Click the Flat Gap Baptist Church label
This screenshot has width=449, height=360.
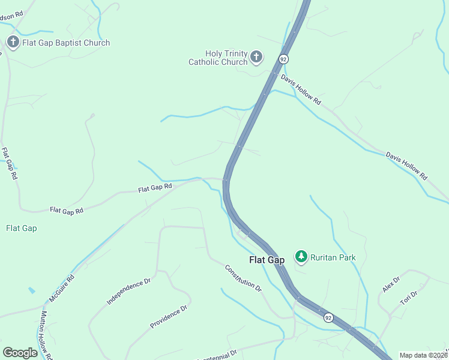(66, 43)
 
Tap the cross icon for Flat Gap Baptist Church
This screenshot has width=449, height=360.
(13, 42)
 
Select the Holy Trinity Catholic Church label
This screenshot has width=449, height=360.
(218, 58)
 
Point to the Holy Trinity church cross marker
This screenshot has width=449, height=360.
(256, 58)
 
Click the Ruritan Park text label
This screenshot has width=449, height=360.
(333, 257)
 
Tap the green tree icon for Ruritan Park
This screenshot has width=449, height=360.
(301, 257)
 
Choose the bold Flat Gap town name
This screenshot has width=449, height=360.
(267, 260)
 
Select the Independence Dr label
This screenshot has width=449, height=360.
(128, 291)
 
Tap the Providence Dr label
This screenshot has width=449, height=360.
(169, 317)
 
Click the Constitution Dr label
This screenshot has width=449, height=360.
(244, 278)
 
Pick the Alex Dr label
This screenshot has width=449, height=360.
(391, 284)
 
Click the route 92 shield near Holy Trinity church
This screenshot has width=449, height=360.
(283, 59)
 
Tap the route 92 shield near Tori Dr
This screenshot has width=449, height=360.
(328, 317)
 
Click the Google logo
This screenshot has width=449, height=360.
(20, 352)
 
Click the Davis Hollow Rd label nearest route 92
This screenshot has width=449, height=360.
(301, 90)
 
